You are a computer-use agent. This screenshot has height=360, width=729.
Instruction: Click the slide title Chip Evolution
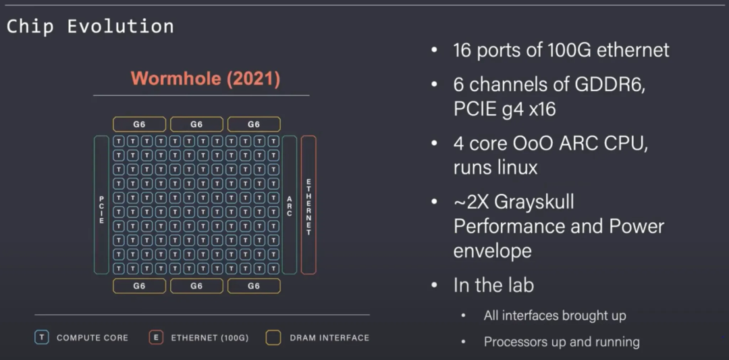(x=90, y=26)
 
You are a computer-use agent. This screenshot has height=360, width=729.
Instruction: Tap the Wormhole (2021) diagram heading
(x=205, y=78)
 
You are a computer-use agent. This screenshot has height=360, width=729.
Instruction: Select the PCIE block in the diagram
(x=101, y=205)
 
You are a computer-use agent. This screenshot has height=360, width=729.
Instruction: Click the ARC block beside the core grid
(x=289, y=205)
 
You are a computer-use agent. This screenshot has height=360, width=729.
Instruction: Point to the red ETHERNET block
(x=308, y=205)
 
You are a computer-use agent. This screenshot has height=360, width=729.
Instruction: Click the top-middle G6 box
(x=196, y=124)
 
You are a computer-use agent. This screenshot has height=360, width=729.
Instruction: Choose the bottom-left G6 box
(x=139, y=286)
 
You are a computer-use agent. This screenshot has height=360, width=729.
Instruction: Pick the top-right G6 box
(x=254, y=124)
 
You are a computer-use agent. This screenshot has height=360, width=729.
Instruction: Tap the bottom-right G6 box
(x=254, y=286)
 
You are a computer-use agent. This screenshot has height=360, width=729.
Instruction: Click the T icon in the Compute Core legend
(x=42, y=338)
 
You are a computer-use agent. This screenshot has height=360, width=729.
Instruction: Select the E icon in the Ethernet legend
(x=156, y=338)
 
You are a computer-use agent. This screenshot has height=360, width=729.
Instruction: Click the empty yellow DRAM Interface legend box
(x=273, y=338)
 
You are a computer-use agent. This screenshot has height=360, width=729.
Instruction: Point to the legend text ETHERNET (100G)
(x=210, y=338)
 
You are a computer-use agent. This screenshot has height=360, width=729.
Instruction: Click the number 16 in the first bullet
(x=462, y=50)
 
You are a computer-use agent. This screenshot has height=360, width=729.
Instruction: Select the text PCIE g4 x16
(x=504, y=109)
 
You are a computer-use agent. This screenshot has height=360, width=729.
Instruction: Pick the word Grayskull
(x=534, y=203)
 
